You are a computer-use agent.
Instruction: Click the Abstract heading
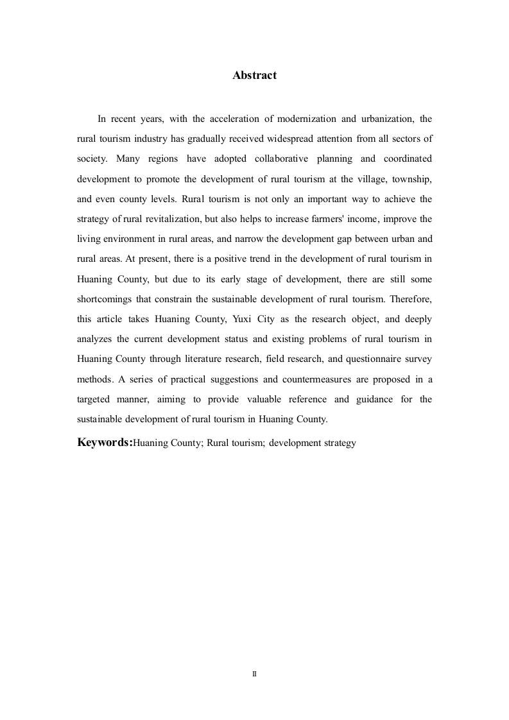254,75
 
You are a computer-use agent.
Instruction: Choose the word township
411,178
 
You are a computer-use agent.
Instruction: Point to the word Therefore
411,299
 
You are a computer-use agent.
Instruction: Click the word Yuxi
241,319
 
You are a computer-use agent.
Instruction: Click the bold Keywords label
105,442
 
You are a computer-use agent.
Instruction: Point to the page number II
254,674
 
